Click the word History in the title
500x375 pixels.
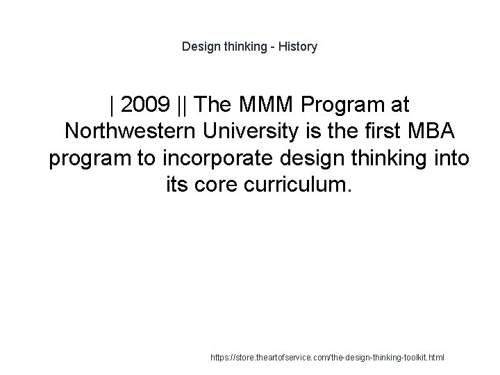(x=296, y=47)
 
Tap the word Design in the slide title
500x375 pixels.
(x=199, y=47)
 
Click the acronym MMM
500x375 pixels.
(x=267, y=106)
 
